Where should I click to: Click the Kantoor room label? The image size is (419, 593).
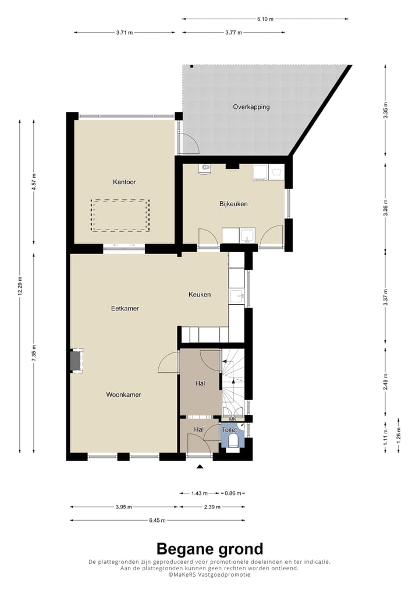[x=124, y=182]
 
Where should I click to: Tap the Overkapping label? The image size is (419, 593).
[x=251, y=107]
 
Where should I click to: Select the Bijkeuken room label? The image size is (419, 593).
[x=234, y=204]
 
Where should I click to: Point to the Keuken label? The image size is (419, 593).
[x=199, y=295]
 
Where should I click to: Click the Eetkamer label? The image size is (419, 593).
[x=125, y=308]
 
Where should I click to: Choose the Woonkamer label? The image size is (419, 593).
[x=123, y=395]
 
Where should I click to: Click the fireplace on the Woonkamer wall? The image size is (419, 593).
[x=76, y=360]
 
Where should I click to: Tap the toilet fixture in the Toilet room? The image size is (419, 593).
[x=233, y=440]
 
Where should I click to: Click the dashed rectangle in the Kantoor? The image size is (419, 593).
[x=120, y=215]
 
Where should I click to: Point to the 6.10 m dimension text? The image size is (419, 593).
[x=265, y=19]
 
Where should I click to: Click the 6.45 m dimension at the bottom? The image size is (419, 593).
[x=157, y=520]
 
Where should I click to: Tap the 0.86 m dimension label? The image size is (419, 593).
[x=233, y=493]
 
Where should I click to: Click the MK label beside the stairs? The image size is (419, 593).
[x=232, y=419]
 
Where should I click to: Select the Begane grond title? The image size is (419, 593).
[x=210, y=549]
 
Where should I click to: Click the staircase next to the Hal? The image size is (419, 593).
[x=233, y=382]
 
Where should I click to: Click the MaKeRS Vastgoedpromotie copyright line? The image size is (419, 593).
[x=210, y=574]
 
